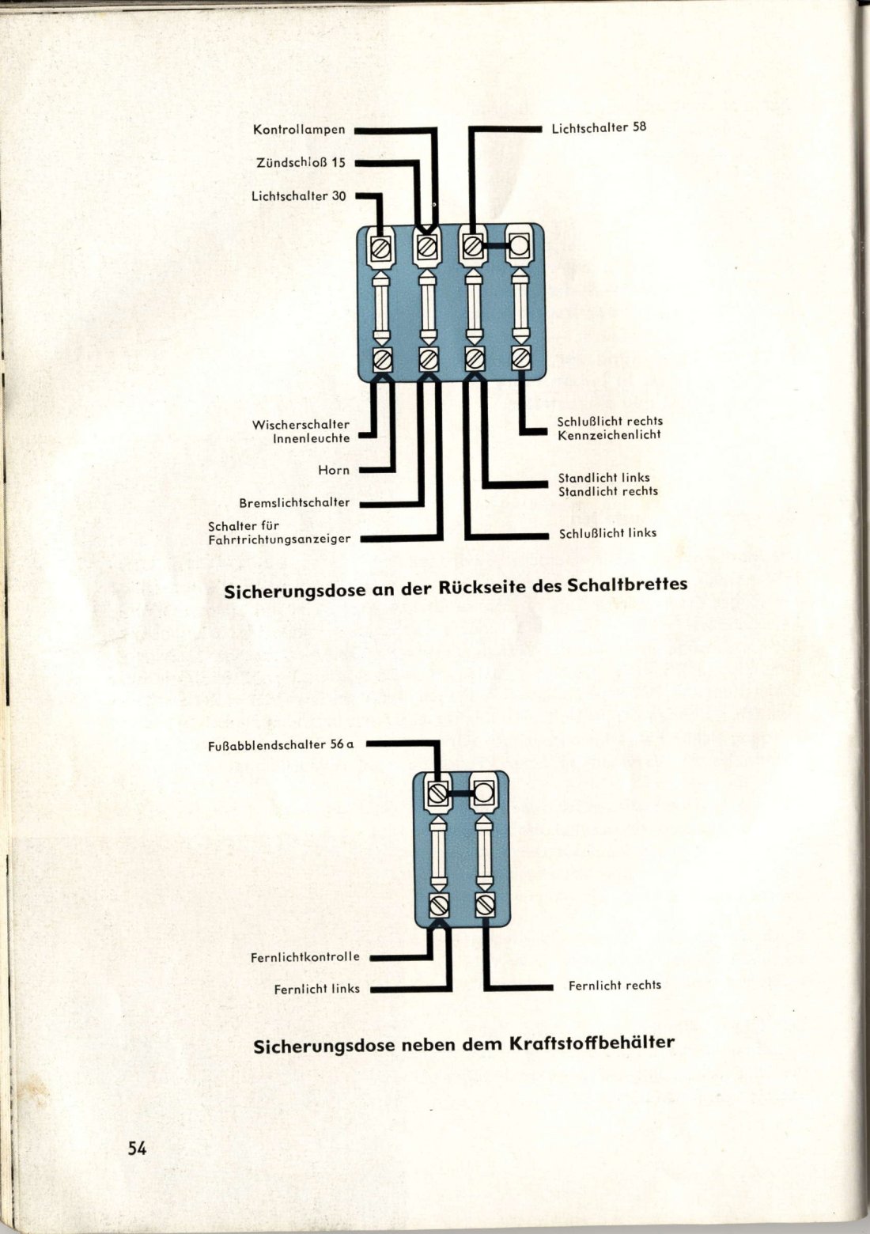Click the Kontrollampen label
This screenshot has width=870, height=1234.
[299, 130]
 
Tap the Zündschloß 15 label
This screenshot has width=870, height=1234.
[301, 163]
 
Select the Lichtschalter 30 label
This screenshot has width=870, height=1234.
[299, 196]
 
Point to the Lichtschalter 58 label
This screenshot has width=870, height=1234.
[599, 128]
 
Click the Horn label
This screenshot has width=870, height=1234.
[334, 471]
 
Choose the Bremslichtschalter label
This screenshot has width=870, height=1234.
[294, 503]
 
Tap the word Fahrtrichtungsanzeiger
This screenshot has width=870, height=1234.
[279, 539]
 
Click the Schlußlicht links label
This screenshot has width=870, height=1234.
[607, 533]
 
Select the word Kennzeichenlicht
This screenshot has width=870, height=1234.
[609, 434]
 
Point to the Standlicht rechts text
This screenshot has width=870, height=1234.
[608, 491]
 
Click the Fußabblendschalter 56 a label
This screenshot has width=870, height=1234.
[281, 745]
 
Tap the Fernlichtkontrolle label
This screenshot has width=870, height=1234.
[305, 957]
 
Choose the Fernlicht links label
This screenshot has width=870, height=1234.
[317, 990]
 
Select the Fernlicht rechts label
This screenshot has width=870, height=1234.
[615, 985]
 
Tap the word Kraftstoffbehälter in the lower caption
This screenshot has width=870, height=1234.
[591, 1043]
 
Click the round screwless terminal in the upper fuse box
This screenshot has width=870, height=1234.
[519, 245]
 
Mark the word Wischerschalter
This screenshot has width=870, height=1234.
[301, 425]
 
